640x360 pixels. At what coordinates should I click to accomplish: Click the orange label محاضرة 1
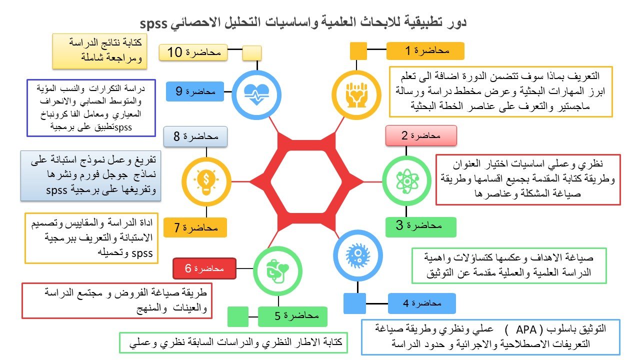point(425,51)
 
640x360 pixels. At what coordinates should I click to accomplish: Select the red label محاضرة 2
point(421,135)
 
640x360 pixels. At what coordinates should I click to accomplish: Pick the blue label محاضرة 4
point(421,303)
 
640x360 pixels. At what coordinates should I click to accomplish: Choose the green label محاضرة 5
point(292,316)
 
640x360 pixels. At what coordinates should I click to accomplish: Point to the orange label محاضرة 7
point(195,227)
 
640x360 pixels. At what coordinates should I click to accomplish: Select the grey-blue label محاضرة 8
point(198,136)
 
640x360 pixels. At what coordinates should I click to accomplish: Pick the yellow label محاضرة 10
point(193,52)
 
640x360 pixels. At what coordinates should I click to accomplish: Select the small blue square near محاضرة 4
point(355,303)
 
